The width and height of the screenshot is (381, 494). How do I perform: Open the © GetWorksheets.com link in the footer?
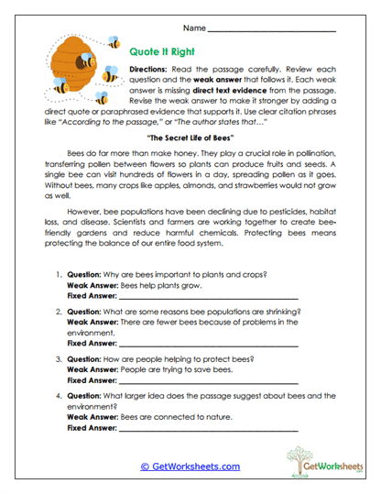click(x=190, y=466)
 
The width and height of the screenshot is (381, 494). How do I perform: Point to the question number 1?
click(x=59, y=273)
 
